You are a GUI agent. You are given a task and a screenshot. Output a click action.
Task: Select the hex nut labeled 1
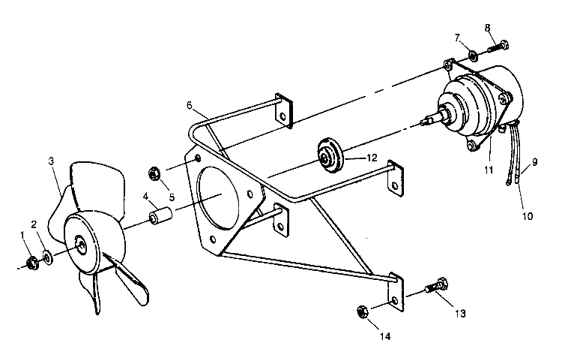tap(32, 262)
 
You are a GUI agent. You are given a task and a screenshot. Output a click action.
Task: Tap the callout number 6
tap(190, 106)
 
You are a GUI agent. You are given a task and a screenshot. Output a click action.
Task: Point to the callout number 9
tap(535, 161)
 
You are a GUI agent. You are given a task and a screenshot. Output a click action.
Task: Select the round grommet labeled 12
tap(328, 155)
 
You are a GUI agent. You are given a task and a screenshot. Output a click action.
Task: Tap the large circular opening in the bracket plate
tap(225, 199)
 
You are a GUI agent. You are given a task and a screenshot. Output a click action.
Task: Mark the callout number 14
tap(384, 336)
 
